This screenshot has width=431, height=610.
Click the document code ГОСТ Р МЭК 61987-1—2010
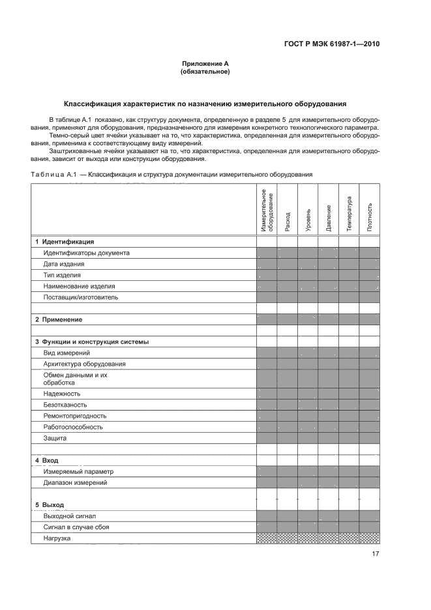pos(333,44)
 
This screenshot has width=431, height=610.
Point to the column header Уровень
pos(308,220)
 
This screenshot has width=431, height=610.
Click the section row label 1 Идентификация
pos(65,242)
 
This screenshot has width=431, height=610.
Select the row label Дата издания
pos(63,264)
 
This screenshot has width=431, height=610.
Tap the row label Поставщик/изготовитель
pos(80,297)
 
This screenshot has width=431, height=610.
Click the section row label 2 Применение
pos(62,319)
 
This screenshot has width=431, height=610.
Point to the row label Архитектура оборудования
pos(84,364)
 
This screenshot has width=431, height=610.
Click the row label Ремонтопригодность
pos(74,416)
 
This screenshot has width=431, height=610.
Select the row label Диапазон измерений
pos(75,483)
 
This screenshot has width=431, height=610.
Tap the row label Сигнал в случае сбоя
pos(76,527)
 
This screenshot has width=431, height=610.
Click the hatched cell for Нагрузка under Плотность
pos(370,538)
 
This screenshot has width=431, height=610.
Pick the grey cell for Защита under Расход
pos(288,438)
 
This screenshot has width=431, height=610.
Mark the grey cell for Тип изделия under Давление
pos(329,275)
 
